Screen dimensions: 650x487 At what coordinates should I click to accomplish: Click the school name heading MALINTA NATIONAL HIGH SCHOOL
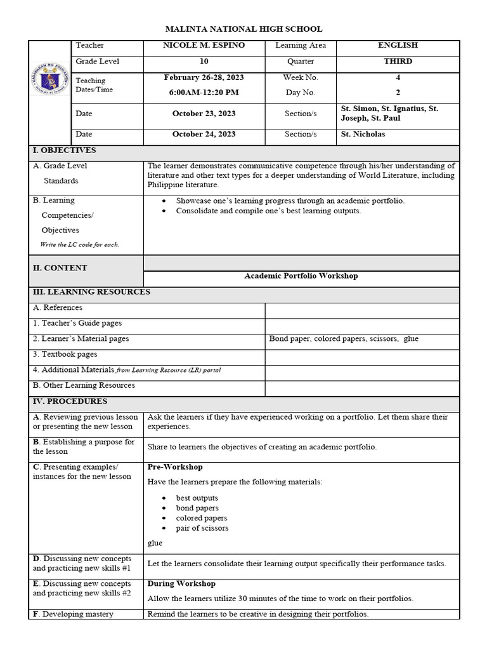243,29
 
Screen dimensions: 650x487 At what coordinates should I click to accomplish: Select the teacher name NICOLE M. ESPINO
204,46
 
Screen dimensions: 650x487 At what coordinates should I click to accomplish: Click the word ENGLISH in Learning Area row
398,46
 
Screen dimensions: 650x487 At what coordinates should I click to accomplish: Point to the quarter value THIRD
398,62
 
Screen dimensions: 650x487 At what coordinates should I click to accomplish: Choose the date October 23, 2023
204,114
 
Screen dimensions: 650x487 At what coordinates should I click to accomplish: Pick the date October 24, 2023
204,135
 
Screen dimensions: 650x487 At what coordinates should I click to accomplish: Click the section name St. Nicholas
363,135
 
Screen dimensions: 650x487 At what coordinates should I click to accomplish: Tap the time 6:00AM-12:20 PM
204,93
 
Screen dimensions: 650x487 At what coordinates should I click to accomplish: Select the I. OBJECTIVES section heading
65,150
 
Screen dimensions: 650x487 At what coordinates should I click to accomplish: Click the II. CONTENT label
60,268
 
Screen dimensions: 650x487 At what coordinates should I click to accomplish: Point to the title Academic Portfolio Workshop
301,276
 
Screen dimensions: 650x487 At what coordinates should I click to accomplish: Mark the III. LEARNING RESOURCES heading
92,292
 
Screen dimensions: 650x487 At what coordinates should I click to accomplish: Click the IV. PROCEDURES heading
70,401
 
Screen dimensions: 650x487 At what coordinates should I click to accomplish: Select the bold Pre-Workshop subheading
175,467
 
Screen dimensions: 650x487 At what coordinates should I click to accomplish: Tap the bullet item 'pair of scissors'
202,528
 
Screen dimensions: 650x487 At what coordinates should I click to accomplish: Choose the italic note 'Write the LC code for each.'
79,244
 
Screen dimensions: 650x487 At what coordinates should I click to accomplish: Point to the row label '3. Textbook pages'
65,354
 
